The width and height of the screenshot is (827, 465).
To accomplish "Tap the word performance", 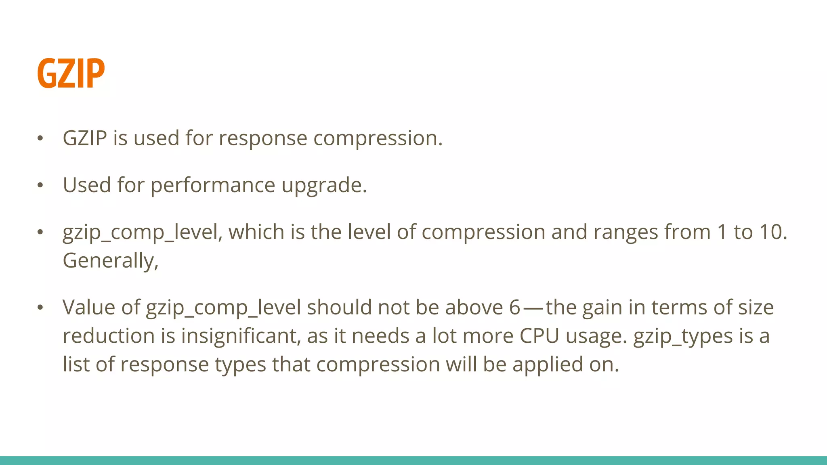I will coord(213,186).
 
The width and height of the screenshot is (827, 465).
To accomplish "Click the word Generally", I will coord(109,261).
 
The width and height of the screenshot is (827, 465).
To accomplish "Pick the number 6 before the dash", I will coord(514,308).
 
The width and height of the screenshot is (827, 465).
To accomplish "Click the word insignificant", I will coord(241,336).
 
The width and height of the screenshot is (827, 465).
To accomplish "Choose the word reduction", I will coord(109,336).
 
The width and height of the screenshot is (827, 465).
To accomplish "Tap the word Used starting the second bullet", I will coord(87,185).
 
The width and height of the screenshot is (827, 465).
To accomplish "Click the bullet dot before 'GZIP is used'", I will coord(40,138).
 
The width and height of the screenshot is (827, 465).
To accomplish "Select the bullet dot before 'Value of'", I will coord(40,308).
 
